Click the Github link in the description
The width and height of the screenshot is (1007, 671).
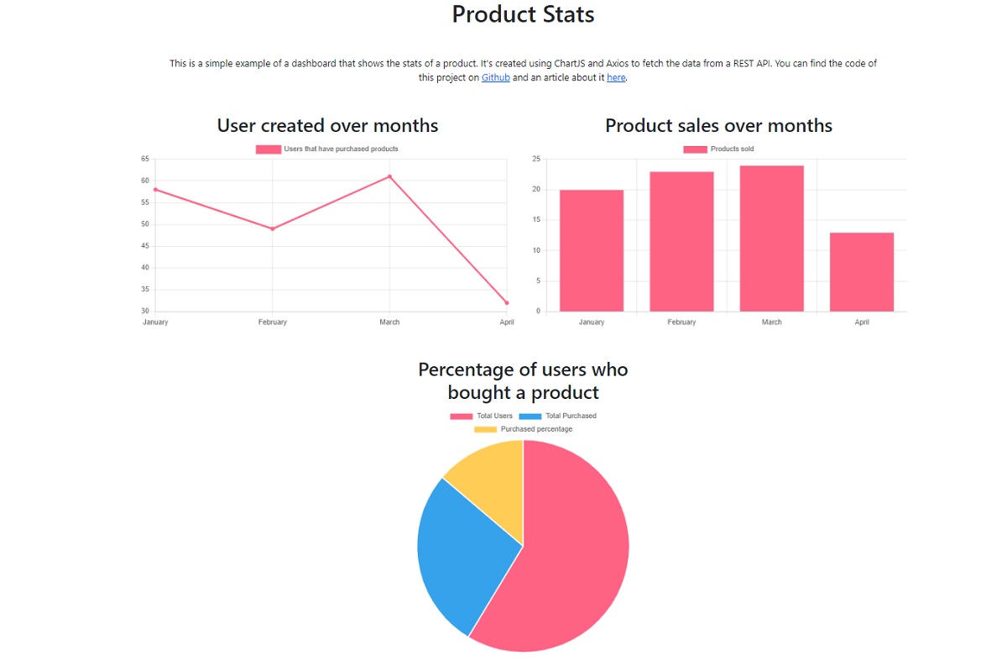[x=495, y=77]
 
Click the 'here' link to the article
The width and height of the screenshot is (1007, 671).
[x=616, y=77]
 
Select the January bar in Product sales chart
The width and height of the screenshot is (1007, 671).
[x=591, y=250]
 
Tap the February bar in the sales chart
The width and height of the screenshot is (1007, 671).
[x=681, y=242]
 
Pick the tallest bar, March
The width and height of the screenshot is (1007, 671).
[x=771, y=239]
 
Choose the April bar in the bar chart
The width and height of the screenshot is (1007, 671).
[x=861, y=272]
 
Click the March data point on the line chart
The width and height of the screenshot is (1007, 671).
[x=389, y=176]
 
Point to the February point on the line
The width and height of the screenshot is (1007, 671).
[x=273, y=228]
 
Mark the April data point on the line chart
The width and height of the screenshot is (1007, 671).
[x=507, y=303]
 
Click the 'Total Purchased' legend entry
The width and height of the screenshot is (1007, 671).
[x=557, y=416]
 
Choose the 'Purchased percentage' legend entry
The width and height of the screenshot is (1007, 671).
[x=523, y=429]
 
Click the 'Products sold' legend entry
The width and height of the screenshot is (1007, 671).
[x=718, y=149]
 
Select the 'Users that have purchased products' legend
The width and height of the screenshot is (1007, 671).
[x=326, y=149]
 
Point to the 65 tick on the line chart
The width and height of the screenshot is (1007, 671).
[x=144, y=159]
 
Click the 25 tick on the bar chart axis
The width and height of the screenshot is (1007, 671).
[x=536, y=159]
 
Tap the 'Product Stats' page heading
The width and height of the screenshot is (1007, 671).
[x=523, y=14]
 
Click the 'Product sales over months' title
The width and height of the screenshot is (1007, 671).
[x=718, y=126]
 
